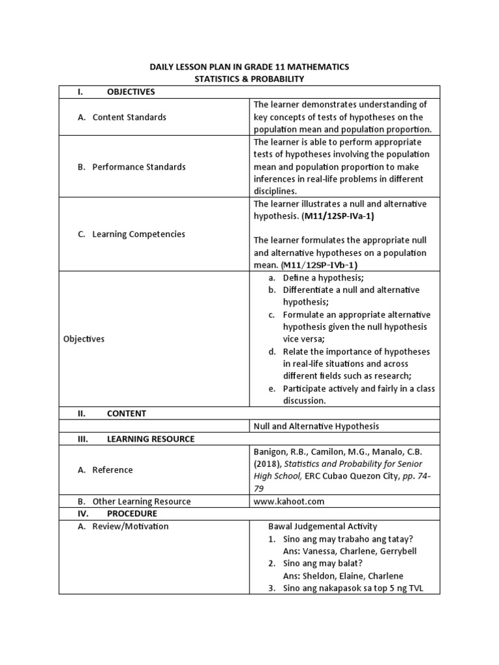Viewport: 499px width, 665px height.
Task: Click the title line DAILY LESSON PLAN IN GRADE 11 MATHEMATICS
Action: [249, 67]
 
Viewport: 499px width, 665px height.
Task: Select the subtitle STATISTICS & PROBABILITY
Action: [249, 79]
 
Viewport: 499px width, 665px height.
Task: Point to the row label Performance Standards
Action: [138, 167]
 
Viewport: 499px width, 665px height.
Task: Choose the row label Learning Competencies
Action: [138, 234]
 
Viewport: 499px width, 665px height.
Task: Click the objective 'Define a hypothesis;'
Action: [323, 277]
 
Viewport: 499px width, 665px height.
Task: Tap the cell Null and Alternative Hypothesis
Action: [316, 426]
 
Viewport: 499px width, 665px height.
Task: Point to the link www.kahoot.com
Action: [288, 501]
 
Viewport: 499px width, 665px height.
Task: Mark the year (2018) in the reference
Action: [266, 464]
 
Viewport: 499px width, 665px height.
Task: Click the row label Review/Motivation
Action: [130, 526]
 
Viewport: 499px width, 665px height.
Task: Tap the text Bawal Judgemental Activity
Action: [322, 526]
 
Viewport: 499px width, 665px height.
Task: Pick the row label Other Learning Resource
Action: [141, 501]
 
